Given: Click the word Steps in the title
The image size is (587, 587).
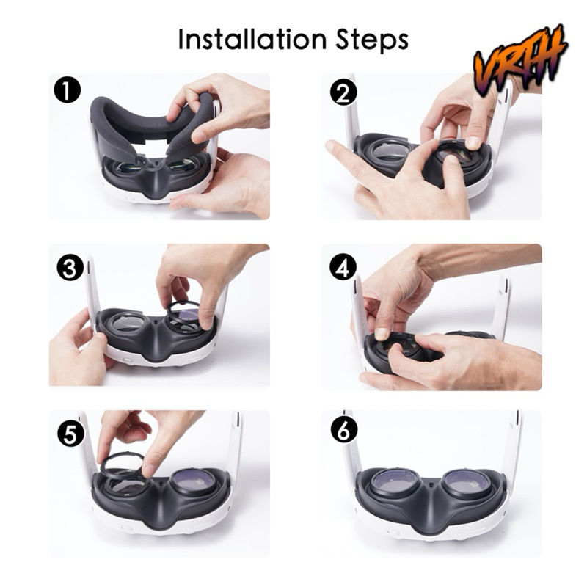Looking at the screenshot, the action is (372, 40).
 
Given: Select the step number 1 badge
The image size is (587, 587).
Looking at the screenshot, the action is (67, 91).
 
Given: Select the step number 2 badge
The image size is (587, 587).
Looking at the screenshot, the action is (343, 93).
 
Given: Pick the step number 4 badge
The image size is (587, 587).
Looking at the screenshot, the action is (343, 268).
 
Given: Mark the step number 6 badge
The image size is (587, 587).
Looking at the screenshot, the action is (344, 430).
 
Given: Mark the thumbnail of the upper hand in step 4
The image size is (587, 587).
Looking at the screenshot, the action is (382, 333).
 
